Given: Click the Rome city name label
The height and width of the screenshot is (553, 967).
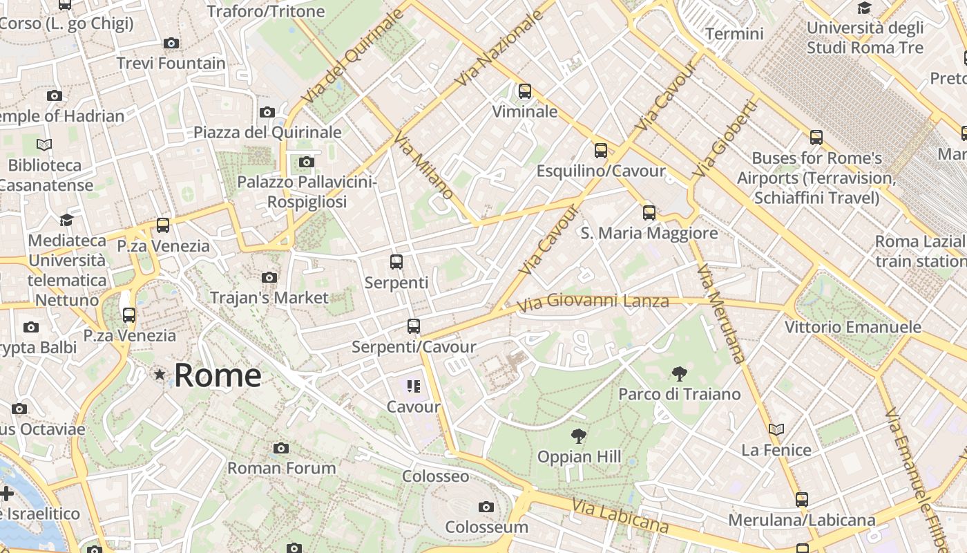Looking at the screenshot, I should tap(218, 375).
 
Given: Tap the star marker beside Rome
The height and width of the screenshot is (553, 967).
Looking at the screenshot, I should tap(160, 375).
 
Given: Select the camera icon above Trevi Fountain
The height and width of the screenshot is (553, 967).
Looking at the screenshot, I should tap(171, 43).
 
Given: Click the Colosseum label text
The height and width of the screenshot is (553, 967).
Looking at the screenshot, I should tap(486, 527).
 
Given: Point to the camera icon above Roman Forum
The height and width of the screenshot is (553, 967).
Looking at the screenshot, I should tap(280, 448).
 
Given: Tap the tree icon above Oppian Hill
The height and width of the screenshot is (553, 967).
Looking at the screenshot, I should tap(579, 436).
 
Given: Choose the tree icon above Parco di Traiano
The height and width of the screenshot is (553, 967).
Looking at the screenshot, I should tap(680, 374).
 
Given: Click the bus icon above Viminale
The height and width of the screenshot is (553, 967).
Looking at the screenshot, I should tap(525, 91).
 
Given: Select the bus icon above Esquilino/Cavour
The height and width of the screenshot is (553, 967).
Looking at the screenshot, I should tap(601, 150).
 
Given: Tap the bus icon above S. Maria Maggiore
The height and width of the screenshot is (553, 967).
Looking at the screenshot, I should tap(649, 212).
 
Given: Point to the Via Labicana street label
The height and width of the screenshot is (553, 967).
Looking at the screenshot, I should tap(620, 516).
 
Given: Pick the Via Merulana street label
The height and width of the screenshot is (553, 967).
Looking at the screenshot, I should tap(722, 314).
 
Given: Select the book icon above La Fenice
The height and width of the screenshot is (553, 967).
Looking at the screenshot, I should tap(776, 430).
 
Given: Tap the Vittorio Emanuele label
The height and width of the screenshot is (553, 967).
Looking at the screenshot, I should tap(853, 327).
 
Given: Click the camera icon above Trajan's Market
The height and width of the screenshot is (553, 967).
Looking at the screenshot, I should tap(269, 278).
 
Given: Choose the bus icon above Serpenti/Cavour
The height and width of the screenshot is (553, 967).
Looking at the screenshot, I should tap(414, 326).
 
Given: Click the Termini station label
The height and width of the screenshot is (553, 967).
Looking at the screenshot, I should tap(734, 34).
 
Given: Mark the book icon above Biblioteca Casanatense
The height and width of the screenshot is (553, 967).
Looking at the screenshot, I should tap(44, 145).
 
